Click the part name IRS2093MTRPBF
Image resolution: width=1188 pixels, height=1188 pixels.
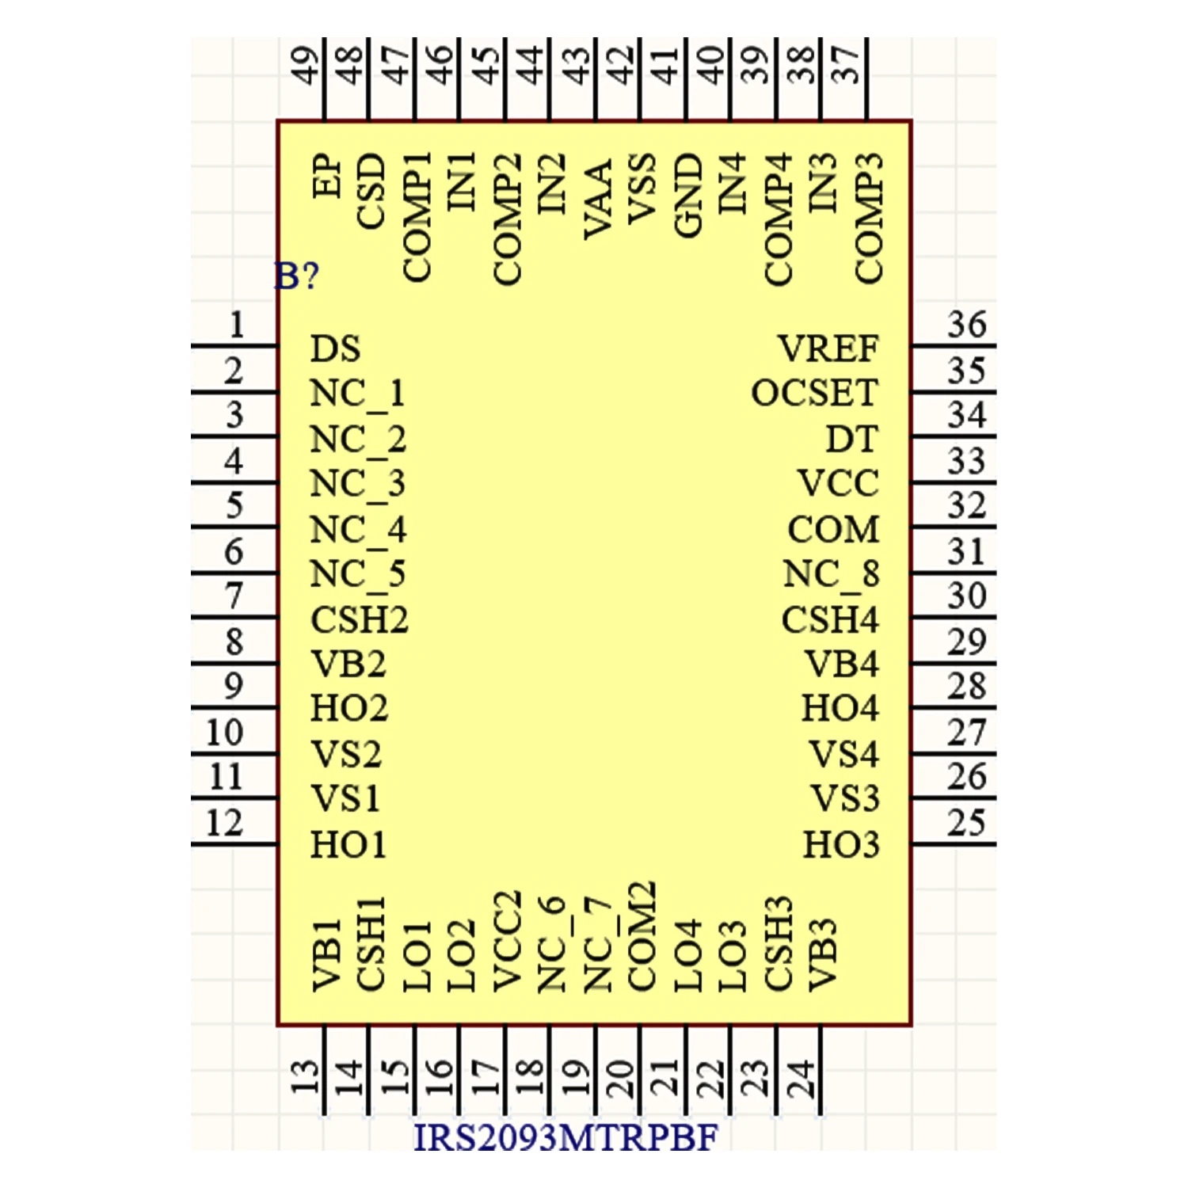pyautogui.click(x=565, y=1138)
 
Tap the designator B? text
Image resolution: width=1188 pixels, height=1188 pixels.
pyautogui.click(x=297, y=276)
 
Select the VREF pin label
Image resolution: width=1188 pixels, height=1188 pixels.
pyautogui.click(x=828, y=348)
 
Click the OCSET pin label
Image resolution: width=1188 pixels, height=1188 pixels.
pyautogui.click(x=815, y=394)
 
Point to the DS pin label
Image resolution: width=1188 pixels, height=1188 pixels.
pyautogui.click(x=335, y=348)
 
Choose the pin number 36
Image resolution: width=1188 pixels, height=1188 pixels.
pyautogui.click(x=967, y=325)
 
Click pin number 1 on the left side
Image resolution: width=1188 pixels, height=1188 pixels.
pyautogui.click(x=236, y=325)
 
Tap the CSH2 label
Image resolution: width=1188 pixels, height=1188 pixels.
pyautogui.click(x=359, y=620)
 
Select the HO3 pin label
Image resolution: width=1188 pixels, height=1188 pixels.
pyautogui.click(x=841, y=845)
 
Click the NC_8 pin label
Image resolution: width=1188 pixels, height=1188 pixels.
pyautogui.click(x=831, y=575)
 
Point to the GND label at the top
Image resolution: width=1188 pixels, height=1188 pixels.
pyautogui.click(x=688, y=195)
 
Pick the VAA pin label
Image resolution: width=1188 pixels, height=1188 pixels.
pyautogui.click(x=598, y=199)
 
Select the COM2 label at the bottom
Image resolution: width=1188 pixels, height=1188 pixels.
pyautogui.click(x=642, y=935)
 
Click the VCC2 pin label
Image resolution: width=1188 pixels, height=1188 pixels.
pyautogui.click(x=507, y=941)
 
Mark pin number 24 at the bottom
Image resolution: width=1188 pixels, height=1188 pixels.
pyautogui.click(x=802, y=1077)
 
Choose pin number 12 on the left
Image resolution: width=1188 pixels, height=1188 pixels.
pyautogui.click(x=224, y=823)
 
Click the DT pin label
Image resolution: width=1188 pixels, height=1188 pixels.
pyautogui.click(x=852, y=440)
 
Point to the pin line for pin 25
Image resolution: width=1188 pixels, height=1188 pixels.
pyautogui.click(x=954, y=844)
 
